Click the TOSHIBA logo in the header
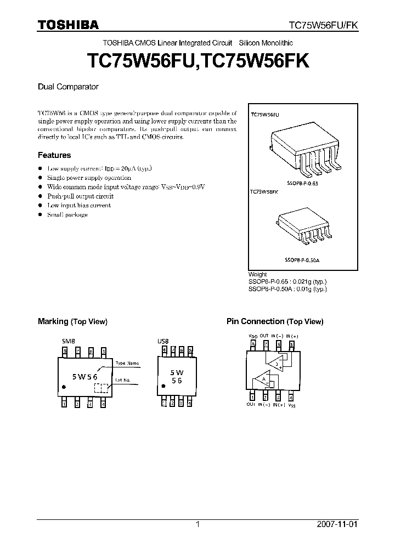68,25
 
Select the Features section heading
54,155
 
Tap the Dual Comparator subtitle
68,87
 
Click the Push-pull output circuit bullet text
81,196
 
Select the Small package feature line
67,214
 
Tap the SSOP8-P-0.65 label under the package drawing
301,183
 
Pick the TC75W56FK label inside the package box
264,192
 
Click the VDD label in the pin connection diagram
253,336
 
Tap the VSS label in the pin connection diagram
292,406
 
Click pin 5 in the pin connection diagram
292,345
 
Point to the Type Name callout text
127,363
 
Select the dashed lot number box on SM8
100,388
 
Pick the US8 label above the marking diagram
163,340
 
